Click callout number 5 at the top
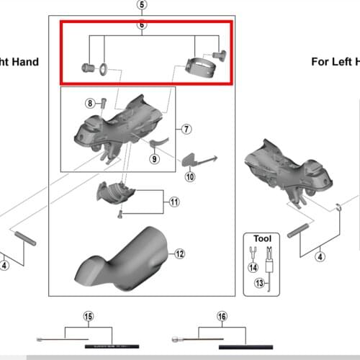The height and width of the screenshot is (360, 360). click(x=141, y=5)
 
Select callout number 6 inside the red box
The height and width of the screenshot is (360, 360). click(x=141, y=24)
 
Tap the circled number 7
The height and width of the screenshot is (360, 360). click(x=186, y=130)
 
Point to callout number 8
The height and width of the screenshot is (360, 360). click(x=91, y=104)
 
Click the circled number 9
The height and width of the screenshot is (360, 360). click(x=153, y=159)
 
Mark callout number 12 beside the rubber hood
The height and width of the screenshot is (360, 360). click(x=179, y=253)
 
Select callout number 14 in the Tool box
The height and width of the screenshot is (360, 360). click(x=252, y=267)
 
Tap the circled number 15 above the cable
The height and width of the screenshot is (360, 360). click(x=89, y=315)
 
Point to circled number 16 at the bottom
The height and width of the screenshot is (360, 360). click(x=222, y=315)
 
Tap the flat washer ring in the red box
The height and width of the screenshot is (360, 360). click(x=104, y=69)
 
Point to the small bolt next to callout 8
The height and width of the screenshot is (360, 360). click(x=104, y=103)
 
